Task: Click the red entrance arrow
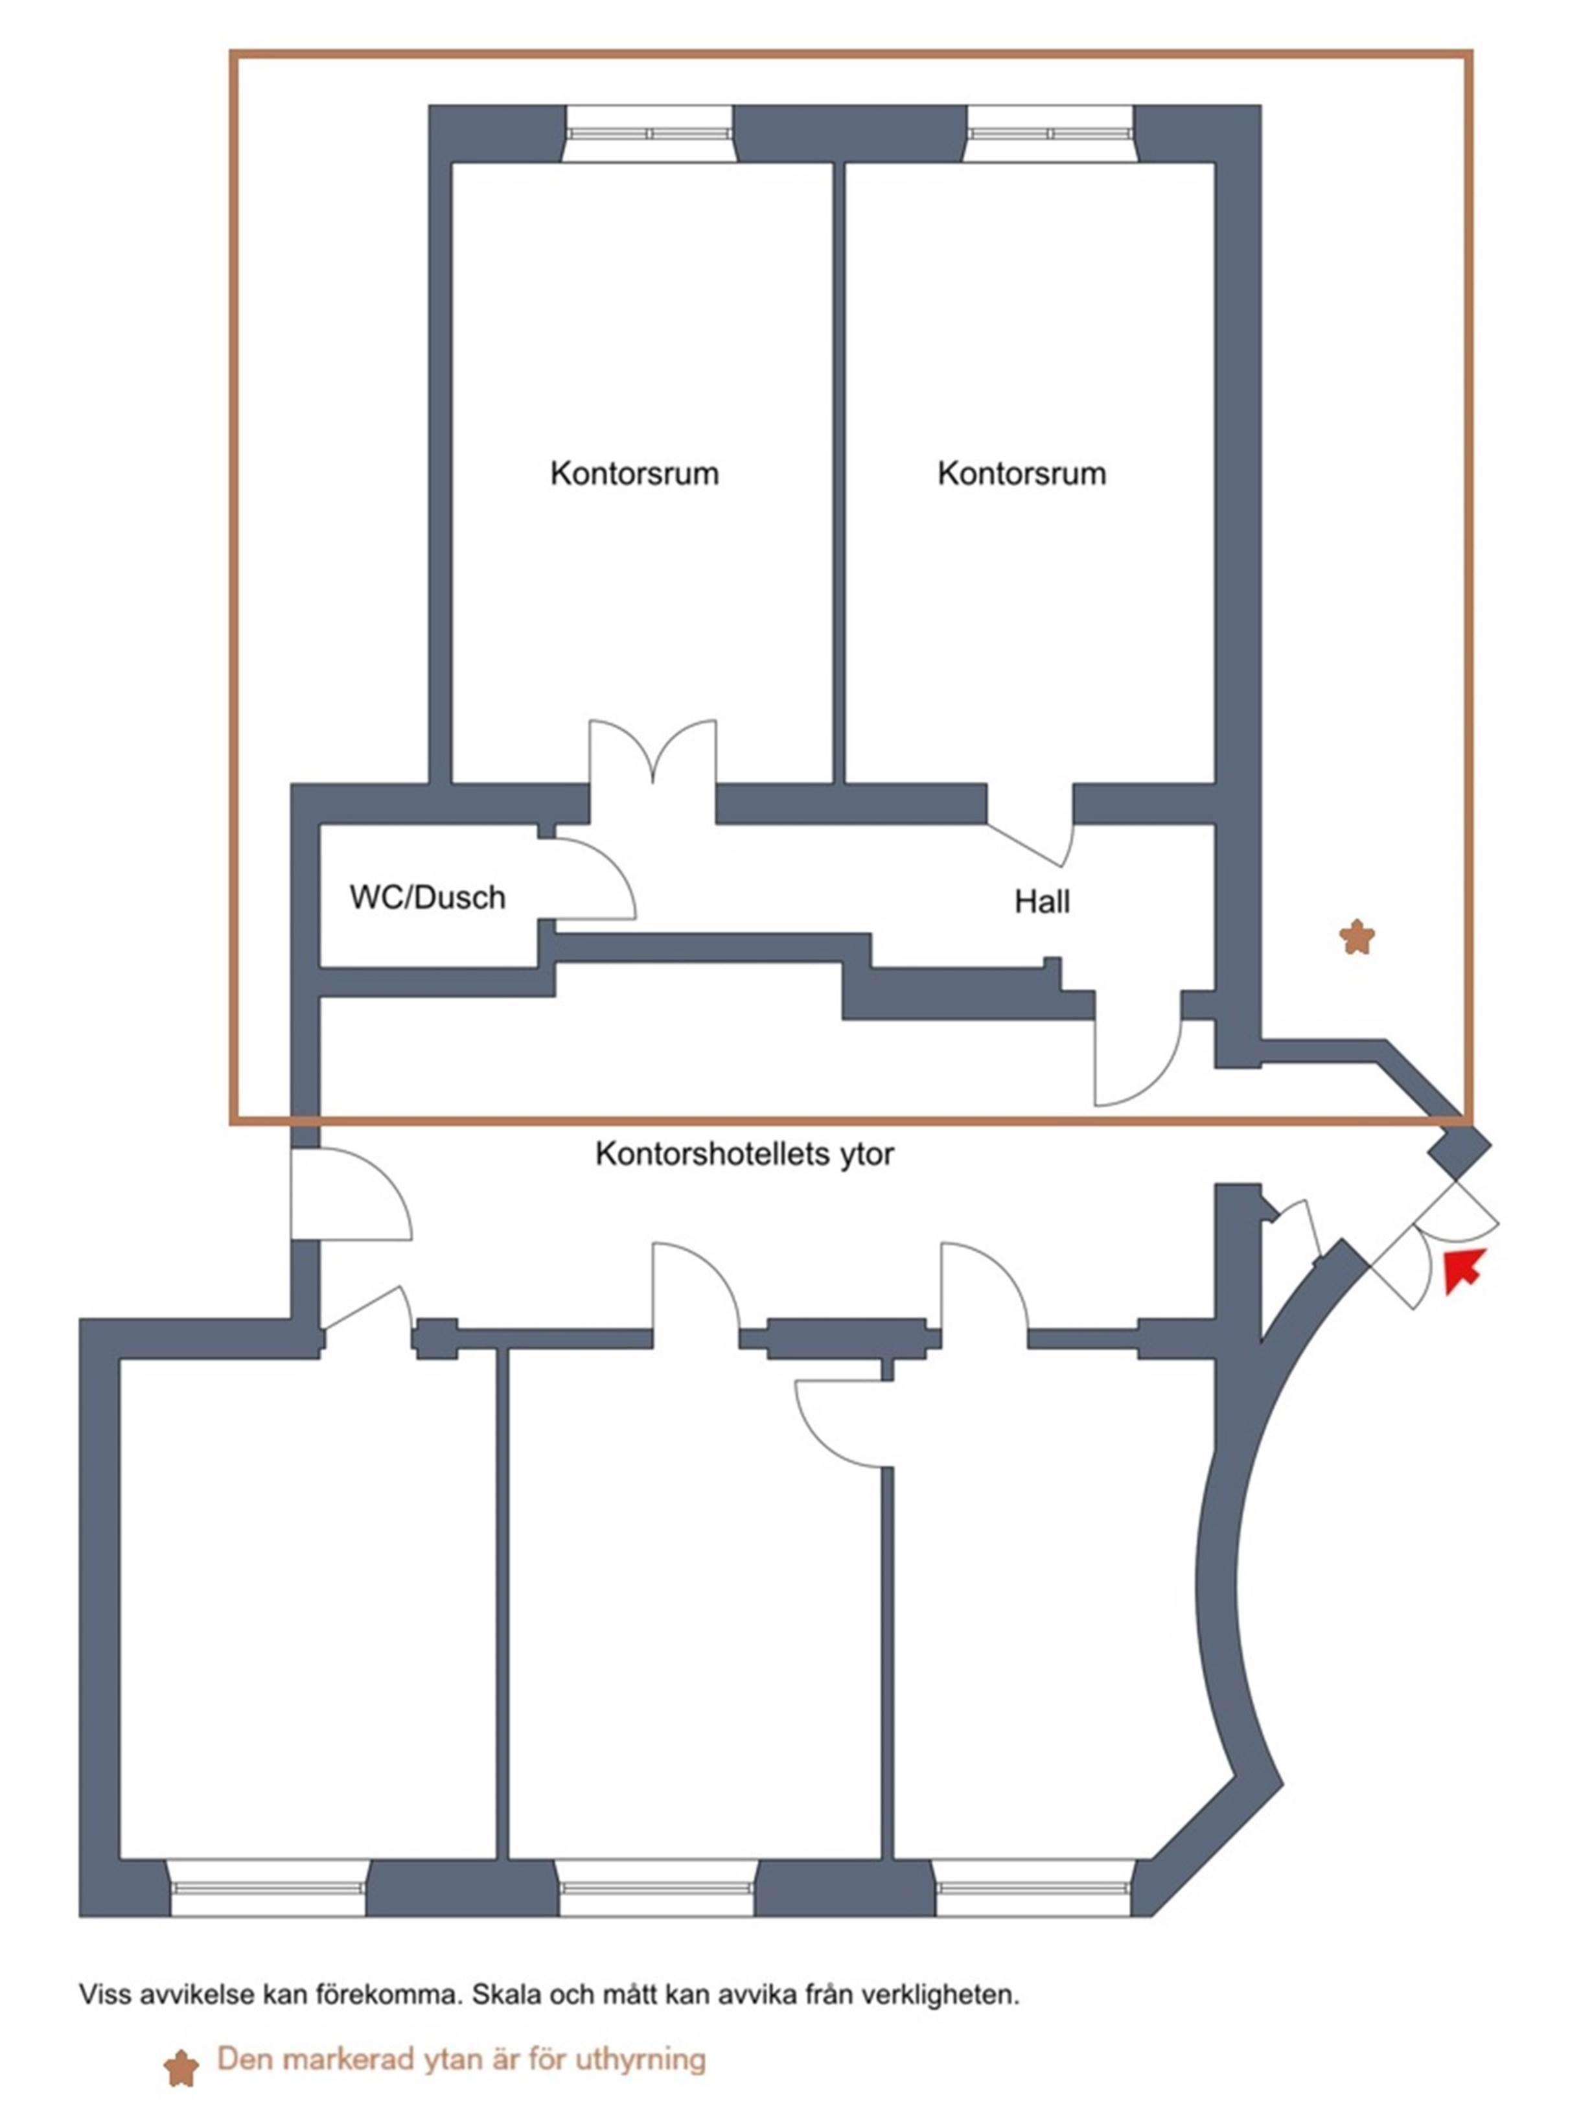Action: (1461, 1270)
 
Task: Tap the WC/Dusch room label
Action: (427, 897)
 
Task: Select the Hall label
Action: (1041, 901)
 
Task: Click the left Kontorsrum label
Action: (634, 473)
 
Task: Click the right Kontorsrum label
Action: (1021, 473)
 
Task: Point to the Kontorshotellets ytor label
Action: (744, 1154)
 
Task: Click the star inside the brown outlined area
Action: (1356, 937)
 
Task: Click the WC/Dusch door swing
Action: (594, 879)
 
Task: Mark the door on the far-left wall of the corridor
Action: (349, 1196)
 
